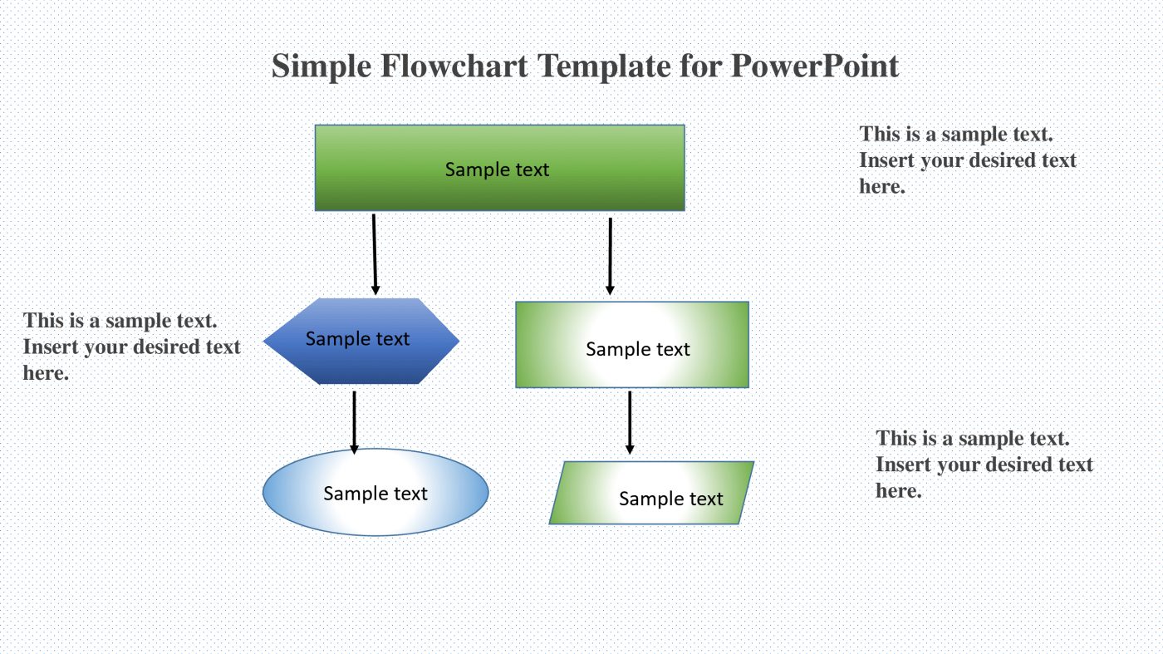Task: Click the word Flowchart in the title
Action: click(x=454, y=66)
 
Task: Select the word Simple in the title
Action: click(x=321, y=66)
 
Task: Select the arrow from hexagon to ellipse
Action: click(x=355, y=420)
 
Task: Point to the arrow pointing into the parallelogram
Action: click(x=630, y=421)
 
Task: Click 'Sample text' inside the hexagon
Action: click(x=357, y=339)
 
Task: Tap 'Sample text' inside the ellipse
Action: click(x=375, y=494)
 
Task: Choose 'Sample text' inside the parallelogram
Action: click(x=671, y=499)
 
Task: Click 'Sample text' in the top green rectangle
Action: click(x=497, y=170)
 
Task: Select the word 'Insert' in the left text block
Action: click(x=52, y=347)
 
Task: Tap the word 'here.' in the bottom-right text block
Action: click(x=899, y=490)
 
